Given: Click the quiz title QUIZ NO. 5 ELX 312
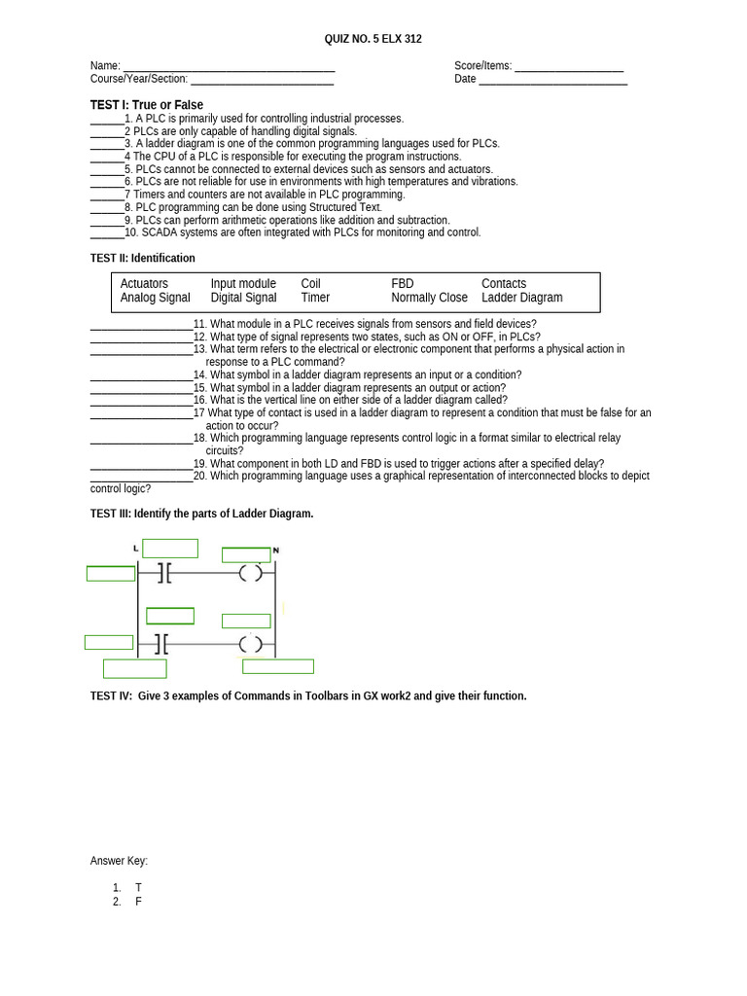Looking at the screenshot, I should [x=373, y=39].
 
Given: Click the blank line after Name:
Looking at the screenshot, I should [x=229, y=67].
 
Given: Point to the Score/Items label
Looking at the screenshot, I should [x=482, y=66].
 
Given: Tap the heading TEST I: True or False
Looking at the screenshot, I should [x=147, y=105].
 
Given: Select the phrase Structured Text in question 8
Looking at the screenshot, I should [x=349, y=207].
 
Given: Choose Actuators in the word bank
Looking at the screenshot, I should [x=144, y=284].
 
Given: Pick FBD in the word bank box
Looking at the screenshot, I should [x=402, y=284].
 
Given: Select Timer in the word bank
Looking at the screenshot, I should [x=315, y=298].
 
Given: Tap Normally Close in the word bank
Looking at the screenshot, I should [x=429, y=298].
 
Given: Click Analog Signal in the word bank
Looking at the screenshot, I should [x=155, y=298].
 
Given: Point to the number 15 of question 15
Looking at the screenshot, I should [x=199, y=387].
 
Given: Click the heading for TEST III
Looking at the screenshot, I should [x=201, y=514].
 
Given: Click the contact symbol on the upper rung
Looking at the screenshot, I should [x=162, y=574].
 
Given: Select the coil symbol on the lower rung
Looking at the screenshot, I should [x=251, y=643].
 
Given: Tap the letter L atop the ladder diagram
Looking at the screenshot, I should [x=135, y=550].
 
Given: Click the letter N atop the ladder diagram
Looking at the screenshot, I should [x=275, y=551].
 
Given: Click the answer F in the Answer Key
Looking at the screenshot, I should [x=139, y=902].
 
